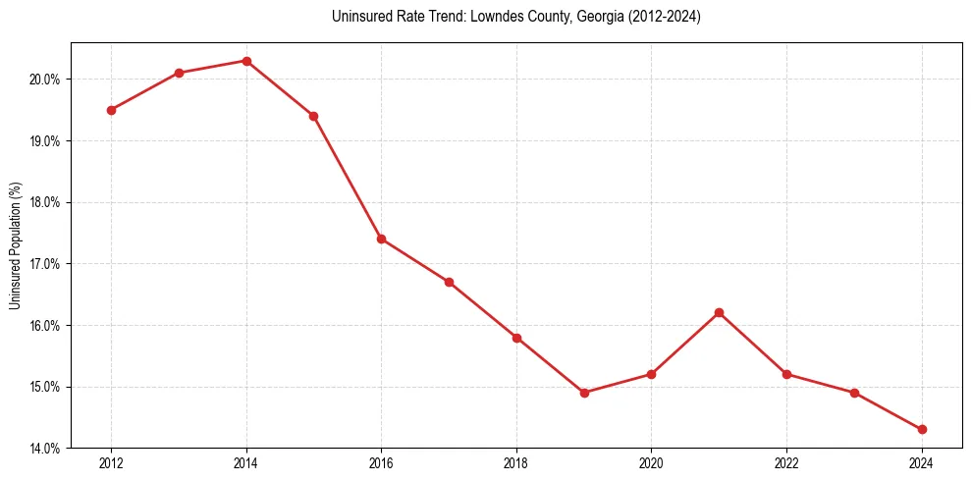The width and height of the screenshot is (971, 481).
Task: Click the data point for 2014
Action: pyautogui.click(x=246, y=61)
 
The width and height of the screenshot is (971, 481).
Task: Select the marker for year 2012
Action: pyautogui.click(x=111, y=110)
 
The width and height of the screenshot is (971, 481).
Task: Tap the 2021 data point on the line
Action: pyautogui.click(x=719, y=312)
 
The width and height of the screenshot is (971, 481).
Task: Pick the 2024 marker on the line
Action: pyautogui.click(x=922, y=429)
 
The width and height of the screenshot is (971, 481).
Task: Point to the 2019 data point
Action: pyautogui.click(x=584, y=393)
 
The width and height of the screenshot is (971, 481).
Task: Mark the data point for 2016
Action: pyautogui.click(x=381, y=239)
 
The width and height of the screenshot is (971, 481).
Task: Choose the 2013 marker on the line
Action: pyautogui.click(x=179, y=73)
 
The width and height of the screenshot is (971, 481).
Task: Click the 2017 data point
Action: pyautogui.click(x=449, y=282)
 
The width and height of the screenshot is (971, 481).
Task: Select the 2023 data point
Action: pyautogui.click(x=854, y=393)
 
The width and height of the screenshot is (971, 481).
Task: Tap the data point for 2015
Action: pyautogui.click(x=313, y=116)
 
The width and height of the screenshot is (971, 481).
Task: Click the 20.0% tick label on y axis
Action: pyautogui.click(x=46, y=80)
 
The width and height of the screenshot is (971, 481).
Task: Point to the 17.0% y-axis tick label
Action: pyautogui.click(x=46, y=264)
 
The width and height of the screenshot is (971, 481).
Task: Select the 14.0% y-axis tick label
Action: pyautogui.click(x=46, y=449)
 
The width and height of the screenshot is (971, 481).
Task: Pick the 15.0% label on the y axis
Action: pyautogui.click(x=46, y=387)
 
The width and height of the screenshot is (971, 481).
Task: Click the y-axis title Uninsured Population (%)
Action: pyautogui.click(x=16, y=245)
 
